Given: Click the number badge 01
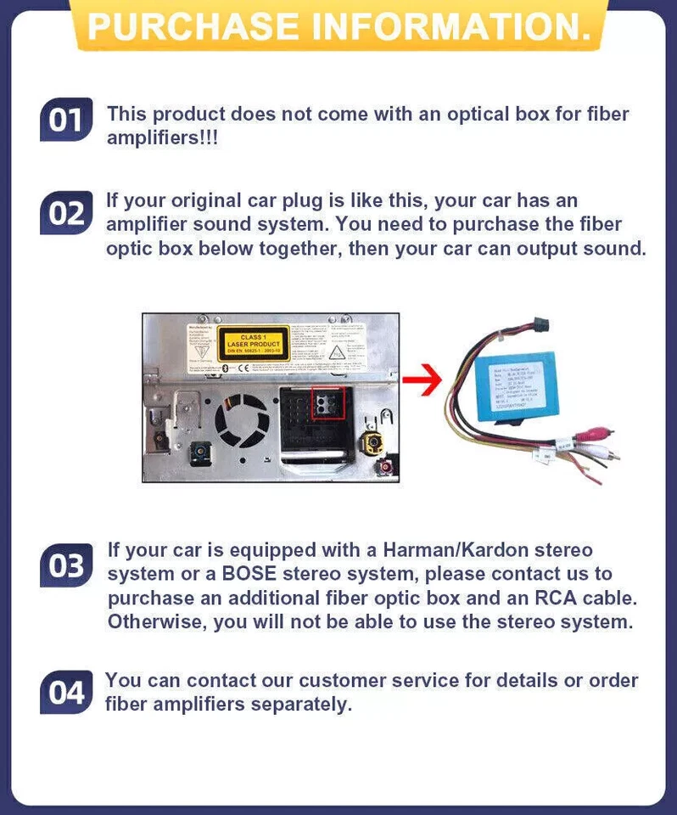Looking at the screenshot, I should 64,121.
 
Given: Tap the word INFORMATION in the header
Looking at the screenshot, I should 450,26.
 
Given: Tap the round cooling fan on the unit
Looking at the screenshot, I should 242,422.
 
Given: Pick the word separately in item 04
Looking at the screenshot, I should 295,704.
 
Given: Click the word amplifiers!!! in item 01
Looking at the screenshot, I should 162,138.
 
